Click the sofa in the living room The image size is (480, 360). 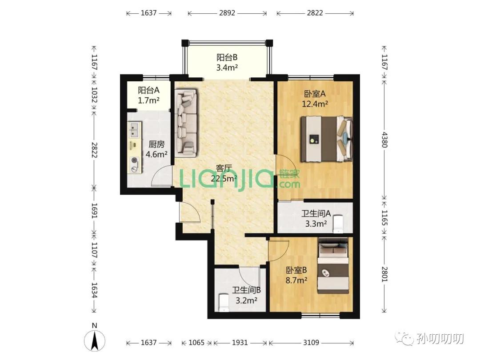click(x=186, y=122)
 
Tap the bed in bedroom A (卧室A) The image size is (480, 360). click(x=326, y=139)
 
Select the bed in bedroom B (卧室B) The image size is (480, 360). click(x=333, y=265)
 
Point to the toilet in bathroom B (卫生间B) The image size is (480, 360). click(x=224, y=303)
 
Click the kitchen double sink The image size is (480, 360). click(x=135, y=129)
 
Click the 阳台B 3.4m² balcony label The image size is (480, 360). click(x=227, y=63)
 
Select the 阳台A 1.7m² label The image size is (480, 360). click(x=148, y=95)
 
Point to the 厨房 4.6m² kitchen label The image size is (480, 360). click(x=156, y=149)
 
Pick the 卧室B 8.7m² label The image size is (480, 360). click(x=296, y=275)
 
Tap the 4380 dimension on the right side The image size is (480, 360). click(x=384, y=140)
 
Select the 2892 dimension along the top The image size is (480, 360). click(x=227, y=13)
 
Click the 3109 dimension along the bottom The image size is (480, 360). click(x=311, y=342)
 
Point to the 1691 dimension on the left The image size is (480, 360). click(x=94, y=210)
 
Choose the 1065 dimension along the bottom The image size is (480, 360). click(x=196, y=342)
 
